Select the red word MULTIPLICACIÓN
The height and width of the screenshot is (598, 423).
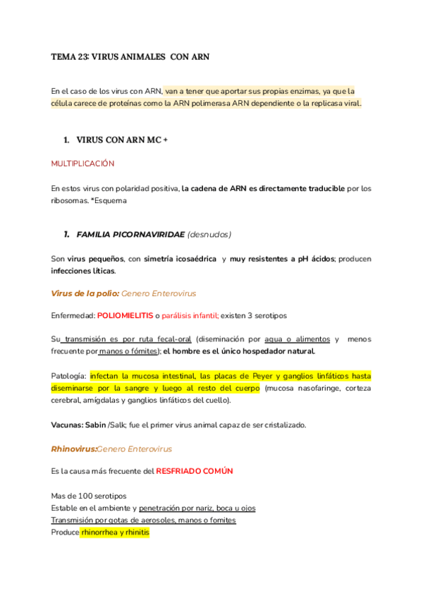pos(82,164)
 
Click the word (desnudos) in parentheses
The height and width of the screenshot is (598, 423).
pos(209,234)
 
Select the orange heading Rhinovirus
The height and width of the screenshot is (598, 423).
pos(73,448)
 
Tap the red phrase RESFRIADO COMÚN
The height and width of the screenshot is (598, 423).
pos(195,471)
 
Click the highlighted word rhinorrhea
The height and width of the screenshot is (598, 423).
pos(102,532)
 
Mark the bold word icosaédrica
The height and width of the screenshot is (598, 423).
pos(190,259)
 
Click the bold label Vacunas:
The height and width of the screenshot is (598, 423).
pos(68,425)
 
